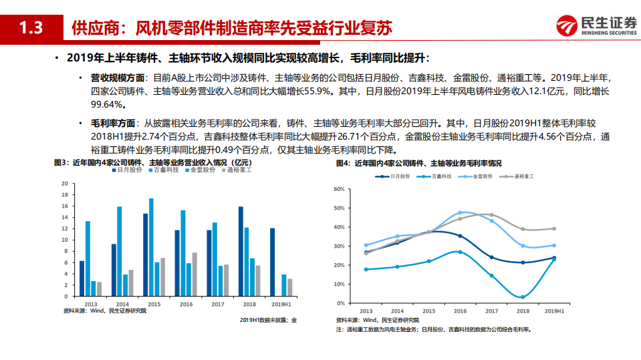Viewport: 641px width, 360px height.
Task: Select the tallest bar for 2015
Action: [x=151, y=247]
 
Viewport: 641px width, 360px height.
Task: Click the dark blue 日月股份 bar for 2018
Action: [x=241, y=252]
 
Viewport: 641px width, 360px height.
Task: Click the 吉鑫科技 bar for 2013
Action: [x=88, y=258]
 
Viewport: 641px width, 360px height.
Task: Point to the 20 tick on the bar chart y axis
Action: [x=65, y=183]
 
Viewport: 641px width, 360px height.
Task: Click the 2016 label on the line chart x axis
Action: [x=460, y=311]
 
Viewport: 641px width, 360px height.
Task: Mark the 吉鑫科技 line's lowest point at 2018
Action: [x=523, y=297]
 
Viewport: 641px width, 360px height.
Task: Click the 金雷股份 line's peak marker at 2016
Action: [x=460, y=212]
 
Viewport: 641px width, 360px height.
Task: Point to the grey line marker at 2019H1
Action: [x=553, y=228]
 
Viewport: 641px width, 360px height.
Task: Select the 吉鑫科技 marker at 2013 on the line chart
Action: [x=366, y=269]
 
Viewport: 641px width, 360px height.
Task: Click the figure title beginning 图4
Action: [x=418, y=163]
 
